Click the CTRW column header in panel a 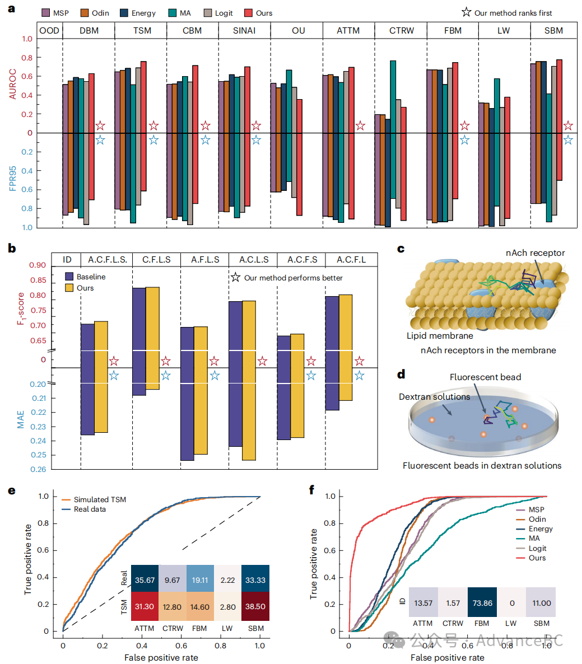coord(402,30)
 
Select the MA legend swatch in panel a coord(172,13)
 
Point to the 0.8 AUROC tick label coord(27,58)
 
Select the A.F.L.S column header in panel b coord(205,259)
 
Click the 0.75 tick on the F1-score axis coord(38,310)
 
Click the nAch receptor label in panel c coord(535,253)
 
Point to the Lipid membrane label coord(440,336)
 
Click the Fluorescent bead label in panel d coord(485,377)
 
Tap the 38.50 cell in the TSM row coord(255,607)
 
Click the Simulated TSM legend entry coord(99,499)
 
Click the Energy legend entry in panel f coord(540,529)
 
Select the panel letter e coord(12,490)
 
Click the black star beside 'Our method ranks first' coord(466,12)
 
